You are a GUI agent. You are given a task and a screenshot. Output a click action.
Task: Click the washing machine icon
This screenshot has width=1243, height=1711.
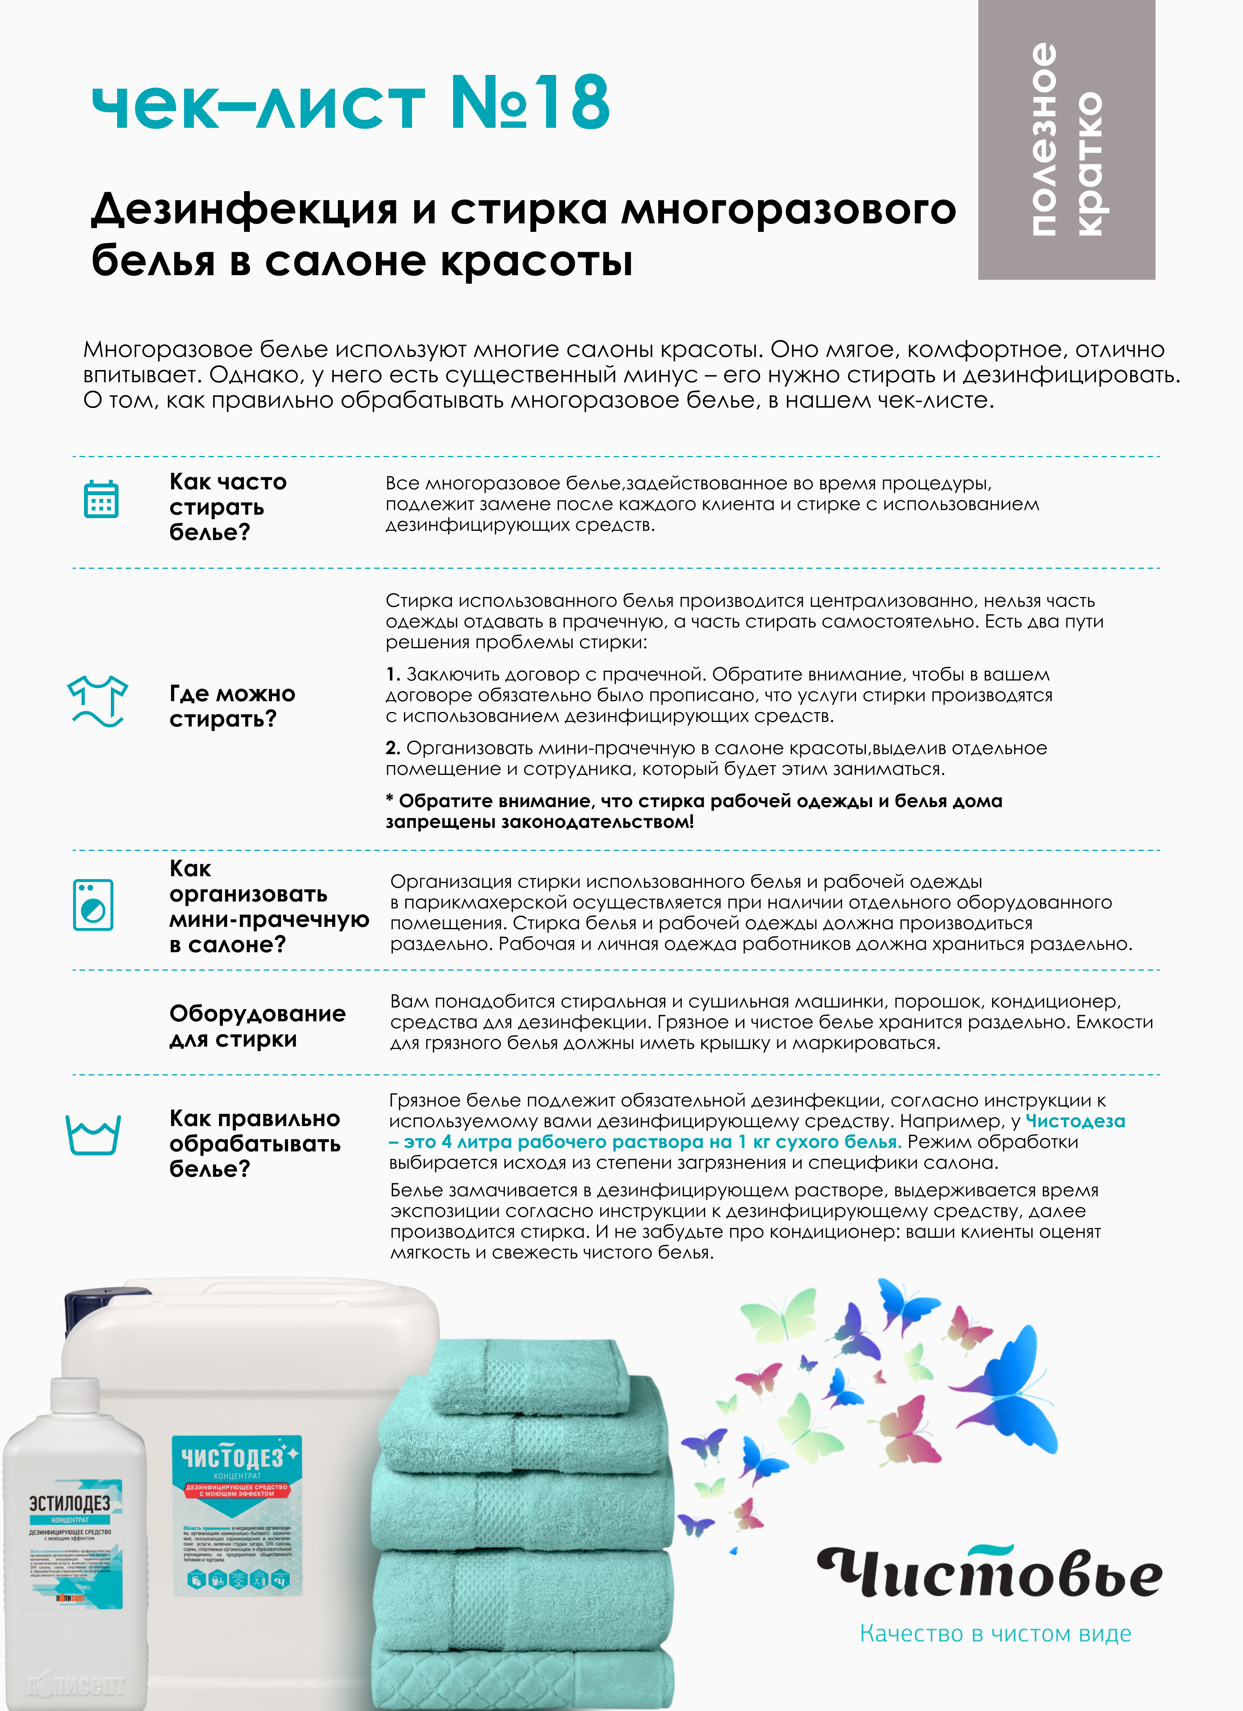click(x=94, y=905)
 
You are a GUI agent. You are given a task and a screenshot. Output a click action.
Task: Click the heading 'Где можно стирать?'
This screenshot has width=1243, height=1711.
click(x=232, y=706)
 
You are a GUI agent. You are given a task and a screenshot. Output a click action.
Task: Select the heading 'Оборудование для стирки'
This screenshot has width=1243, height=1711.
click(x=257, y=1026)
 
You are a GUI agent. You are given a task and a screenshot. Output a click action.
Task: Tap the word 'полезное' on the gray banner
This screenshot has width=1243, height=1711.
click(x=1043, y=140)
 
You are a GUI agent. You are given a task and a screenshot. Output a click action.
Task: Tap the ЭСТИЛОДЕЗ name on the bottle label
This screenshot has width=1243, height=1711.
click(x=69, y=1503)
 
